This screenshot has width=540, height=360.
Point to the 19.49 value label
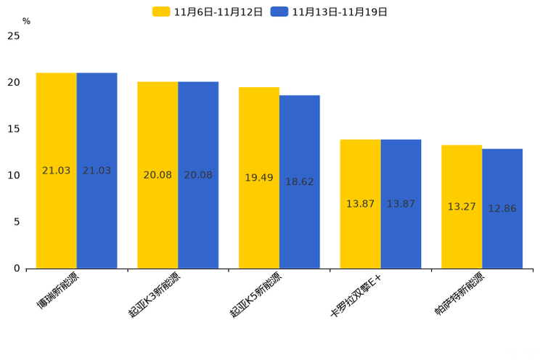point(259,178)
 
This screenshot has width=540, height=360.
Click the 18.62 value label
point(299,182)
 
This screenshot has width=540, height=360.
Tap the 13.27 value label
point(462,207)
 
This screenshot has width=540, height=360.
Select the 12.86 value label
point(502,209)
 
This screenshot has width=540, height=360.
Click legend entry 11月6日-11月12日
point(208,12)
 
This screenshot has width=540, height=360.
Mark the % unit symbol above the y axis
point(26,21)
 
